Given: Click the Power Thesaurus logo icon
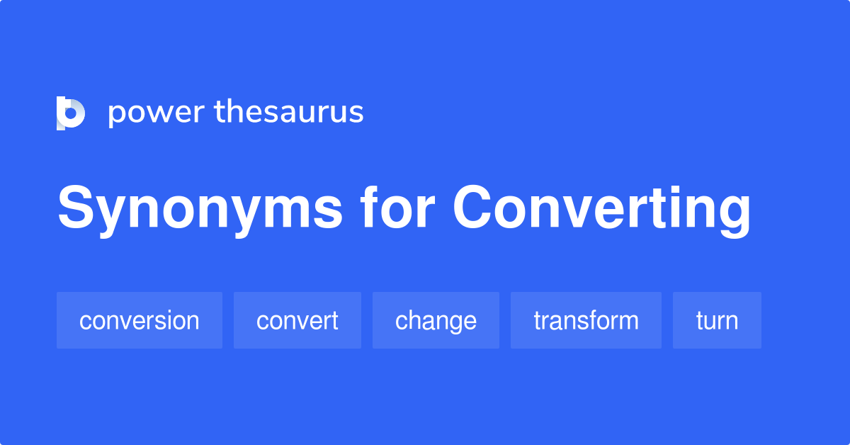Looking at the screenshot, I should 71,113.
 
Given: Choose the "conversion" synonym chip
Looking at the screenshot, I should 140,320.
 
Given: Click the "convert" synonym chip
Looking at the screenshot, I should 297,320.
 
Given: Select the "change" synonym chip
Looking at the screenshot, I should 436,320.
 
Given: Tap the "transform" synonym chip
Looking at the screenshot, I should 586,320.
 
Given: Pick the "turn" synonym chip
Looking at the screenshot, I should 717,320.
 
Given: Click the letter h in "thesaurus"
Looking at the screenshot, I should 234,111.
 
